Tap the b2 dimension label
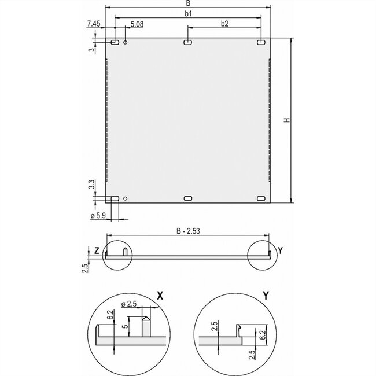pos(224,23)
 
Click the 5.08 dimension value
pos(137,24)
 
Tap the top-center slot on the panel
pos(187,42)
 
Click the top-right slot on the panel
pos(261,42)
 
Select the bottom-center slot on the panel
pos(188,198)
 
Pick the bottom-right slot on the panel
pos(261,198)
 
